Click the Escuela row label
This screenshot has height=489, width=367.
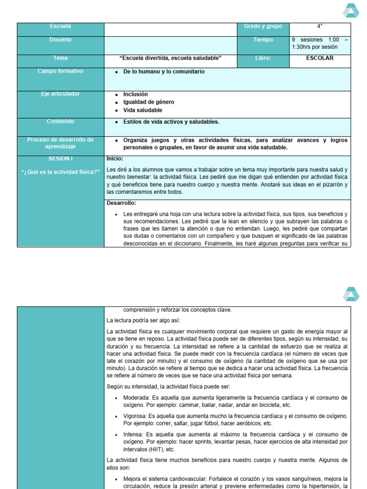pos(60,27)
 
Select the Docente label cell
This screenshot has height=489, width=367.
pos(60,40)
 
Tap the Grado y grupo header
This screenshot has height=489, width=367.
pos(263,27)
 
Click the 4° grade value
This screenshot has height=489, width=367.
pos(320,27)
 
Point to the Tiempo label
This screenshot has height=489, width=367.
pos(263,40)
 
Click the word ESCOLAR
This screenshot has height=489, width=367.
pos(320,58)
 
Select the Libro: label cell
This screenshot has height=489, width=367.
pos(263,58)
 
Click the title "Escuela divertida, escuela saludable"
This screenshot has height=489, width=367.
pos(171,58)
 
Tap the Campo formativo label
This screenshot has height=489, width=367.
pos(60,71)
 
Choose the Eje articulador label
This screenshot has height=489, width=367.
pos(60,94)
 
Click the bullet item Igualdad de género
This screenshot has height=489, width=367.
pos(149,102)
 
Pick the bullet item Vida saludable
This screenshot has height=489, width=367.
pos(142,110)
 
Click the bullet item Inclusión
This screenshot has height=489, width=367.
pos(135,95)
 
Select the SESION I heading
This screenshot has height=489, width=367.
pos(60,159)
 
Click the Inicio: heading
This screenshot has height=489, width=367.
pos(115,159)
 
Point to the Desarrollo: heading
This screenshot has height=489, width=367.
pos(121,203)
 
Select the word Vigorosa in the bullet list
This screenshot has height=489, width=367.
pos(135,416)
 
